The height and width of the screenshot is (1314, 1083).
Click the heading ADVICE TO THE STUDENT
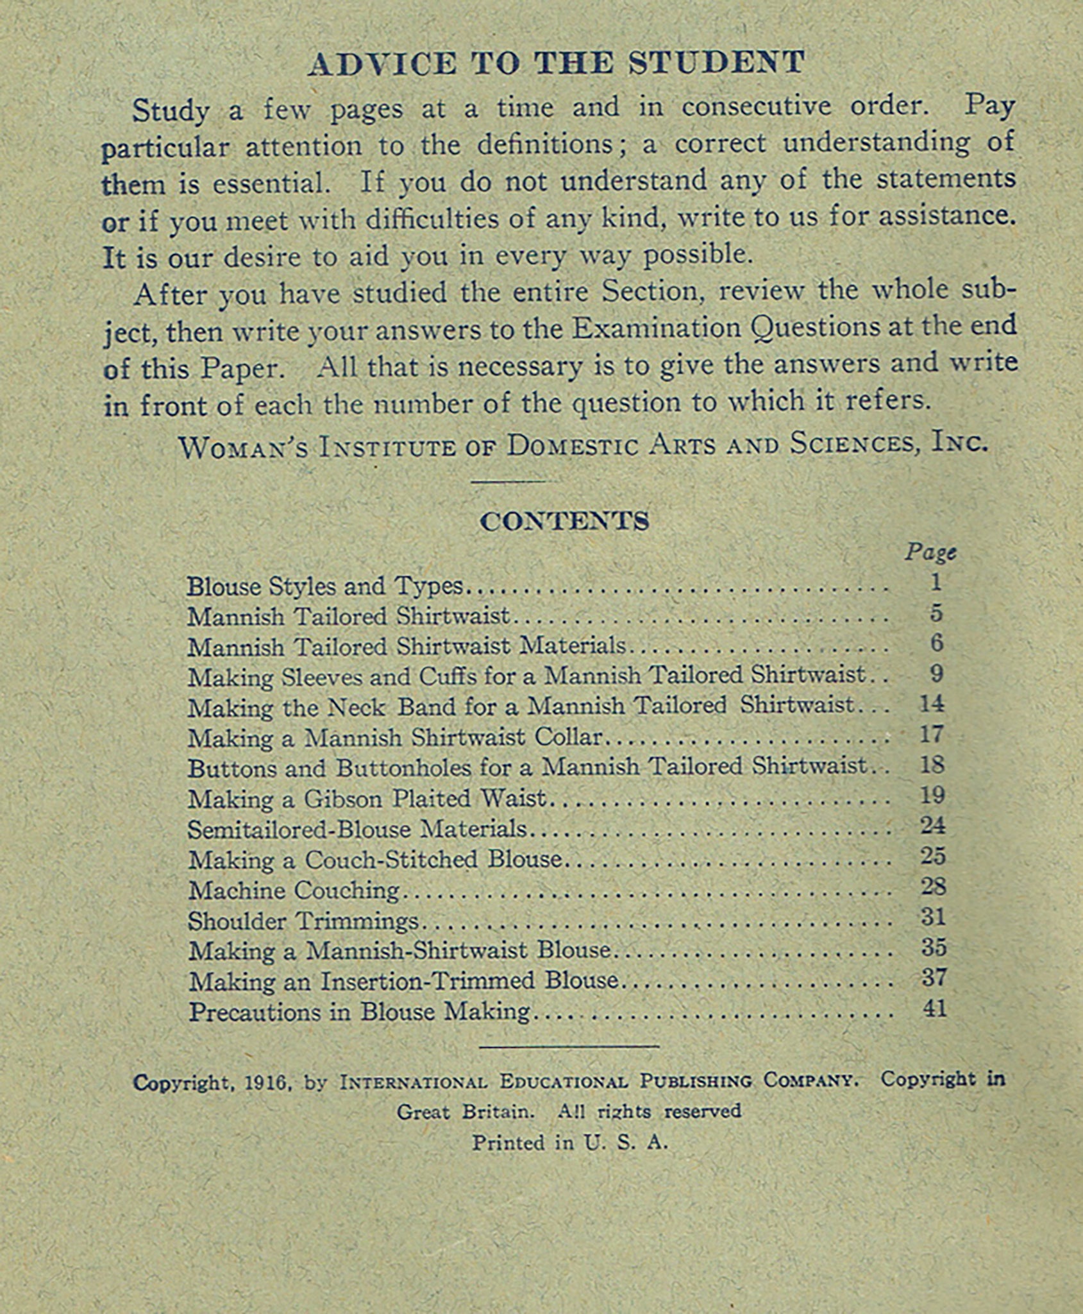(x=556, y=64)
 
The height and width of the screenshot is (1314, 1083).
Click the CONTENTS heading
(x=564, y=521)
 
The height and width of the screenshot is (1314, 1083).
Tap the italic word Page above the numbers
(x=930, y=552)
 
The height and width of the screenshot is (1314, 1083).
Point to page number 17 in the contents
(x=932, y=734)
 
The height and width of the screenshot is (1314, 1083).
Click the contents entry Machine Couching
(x=294, y=891)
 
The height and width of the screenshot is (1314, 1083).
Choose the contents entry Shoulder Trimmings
(x=303, y=921)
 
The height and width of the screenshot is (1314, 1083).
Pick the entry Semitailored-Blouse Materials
(x=357, y=830)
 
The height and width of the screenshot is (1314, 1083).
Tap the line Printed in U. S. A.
(x=570, y=1143)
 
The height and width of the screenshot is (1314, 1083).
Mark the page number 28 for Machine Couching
(x=933, y=887)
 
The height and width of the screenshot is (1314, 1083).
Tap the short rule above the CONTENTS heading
(x=508, y=481)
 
